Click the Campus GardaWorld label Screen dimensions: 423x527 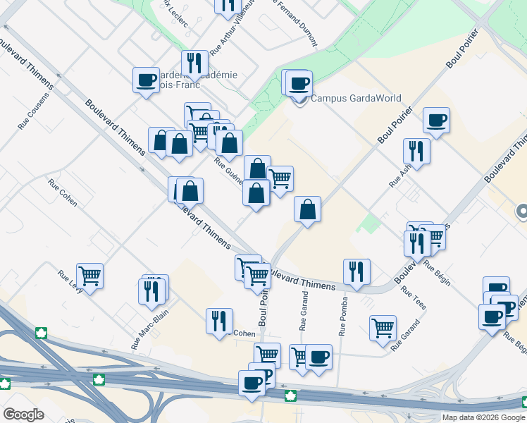[x=356, y=99]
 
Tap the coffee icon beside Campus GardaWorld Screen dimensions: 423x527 [x=299, y=84]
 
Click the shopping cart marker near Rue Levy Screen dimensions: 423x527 [x=90, y=275]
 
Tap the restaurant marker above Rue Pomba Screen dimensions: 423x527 [x=357, y=271]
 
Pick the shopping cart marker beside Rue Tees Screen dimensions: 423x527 [x=383, y=326]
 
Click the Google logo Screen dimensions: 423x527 [x=23, y=415]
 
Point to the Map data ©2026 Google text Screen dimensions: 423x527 [x=483, y=417]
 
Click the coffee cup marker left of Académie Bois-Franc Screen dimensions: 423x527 [x=147, y=80]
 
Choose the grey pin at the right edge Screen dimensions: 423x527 [x=522, y=211]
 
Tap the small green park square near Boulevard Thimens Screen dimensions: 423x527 [x=368, y=224]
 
